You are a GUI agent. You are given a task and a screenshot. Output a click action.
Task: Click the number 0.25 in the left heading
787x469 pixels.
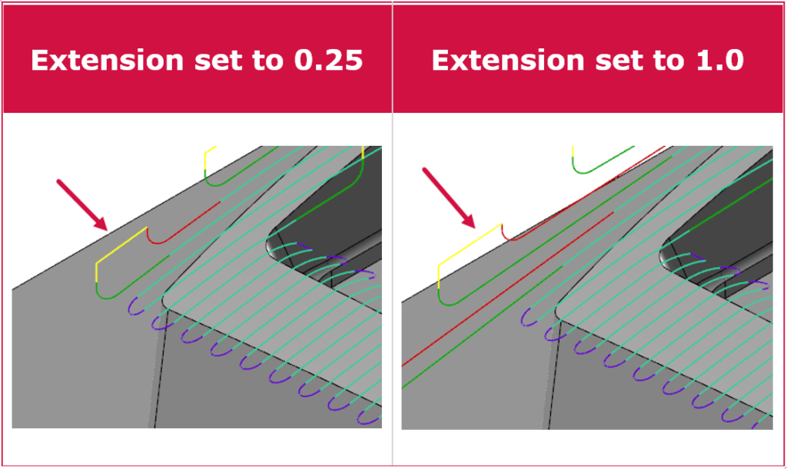[328, 60]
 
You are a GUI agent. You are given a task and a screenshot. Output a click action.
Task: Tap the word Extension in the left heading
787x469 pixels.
[108, 60]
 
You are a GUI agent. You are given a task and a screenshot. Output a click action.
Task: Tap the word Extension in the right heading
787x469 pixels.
[508, 60]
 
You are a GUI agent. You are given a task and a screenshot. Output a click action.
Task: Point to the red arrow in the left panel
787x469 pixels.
[82, 205]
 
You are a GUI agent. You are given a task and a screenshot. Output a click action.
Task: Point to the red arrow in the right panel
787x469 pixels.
[449, 198]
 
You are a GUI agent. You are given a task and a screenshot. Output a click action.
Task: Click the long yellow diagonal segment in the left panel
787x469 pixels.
[121, 245]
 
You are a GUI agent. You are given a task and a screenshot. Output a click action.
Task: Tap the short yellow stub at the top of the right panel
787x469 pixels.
[573, 152]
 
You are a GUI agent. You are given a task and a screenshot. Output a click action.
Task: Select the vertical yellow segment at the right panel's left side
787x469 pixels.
[439, 277]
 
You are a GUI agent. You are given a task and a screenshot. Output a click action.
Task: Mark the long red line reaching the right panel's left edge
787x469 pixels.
[507, 289]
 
